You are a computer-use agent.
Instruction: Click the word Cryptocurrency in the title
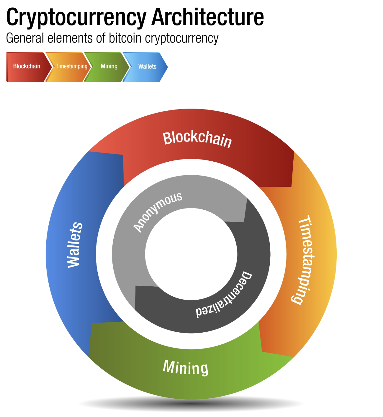(76, 18)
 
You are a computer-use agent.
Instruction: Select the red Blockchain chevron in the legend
(27, 66)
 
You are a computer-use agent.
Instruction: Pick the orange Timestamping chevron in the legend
(71, 66)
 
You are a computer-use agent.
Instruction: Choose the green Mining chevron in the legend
(109, 66)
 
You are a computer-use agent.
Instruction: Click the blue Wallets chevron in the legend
(147, 67)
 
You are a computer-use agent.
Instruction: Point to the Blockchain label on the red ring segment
(197, 139)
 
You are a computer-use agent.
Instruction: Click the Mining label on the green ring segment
(186, 368)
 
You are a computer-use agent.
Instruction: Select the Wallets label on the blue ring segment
(75, 245)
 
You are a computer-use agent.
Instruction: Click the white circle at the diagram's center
(191, 254)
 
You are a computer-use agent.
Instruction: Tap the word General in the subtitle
(25, 38)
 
